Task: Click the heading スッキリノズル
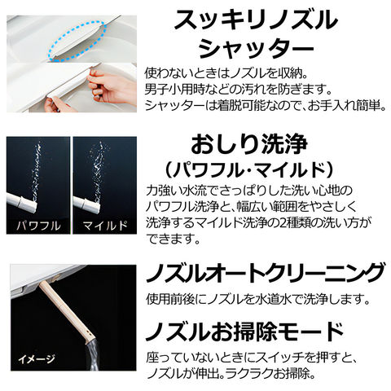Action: pos(256,20)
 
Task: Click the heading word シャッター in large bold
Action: pos(256,49)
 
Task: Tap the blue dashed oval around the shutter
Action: pos(77,41)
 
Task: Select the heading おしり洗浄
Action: pos(249,145)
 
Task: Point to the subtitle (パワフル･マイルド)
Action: pos(248,170)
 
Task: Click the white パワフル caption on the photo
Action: pos(38,225)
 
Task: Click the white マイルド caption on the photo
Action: pos(105,225)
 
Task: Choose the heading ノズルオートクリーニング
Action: pos(266,274)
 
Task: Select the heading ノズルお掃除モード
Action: pos(244,332)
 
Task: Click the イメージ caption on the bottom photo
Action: pos(37,359)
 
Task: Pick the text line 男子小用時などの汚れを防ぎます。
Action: pos(239,89)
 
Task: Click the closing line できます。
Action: pos(174,239)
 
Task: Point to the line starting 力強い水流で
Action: pos(249,191)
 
